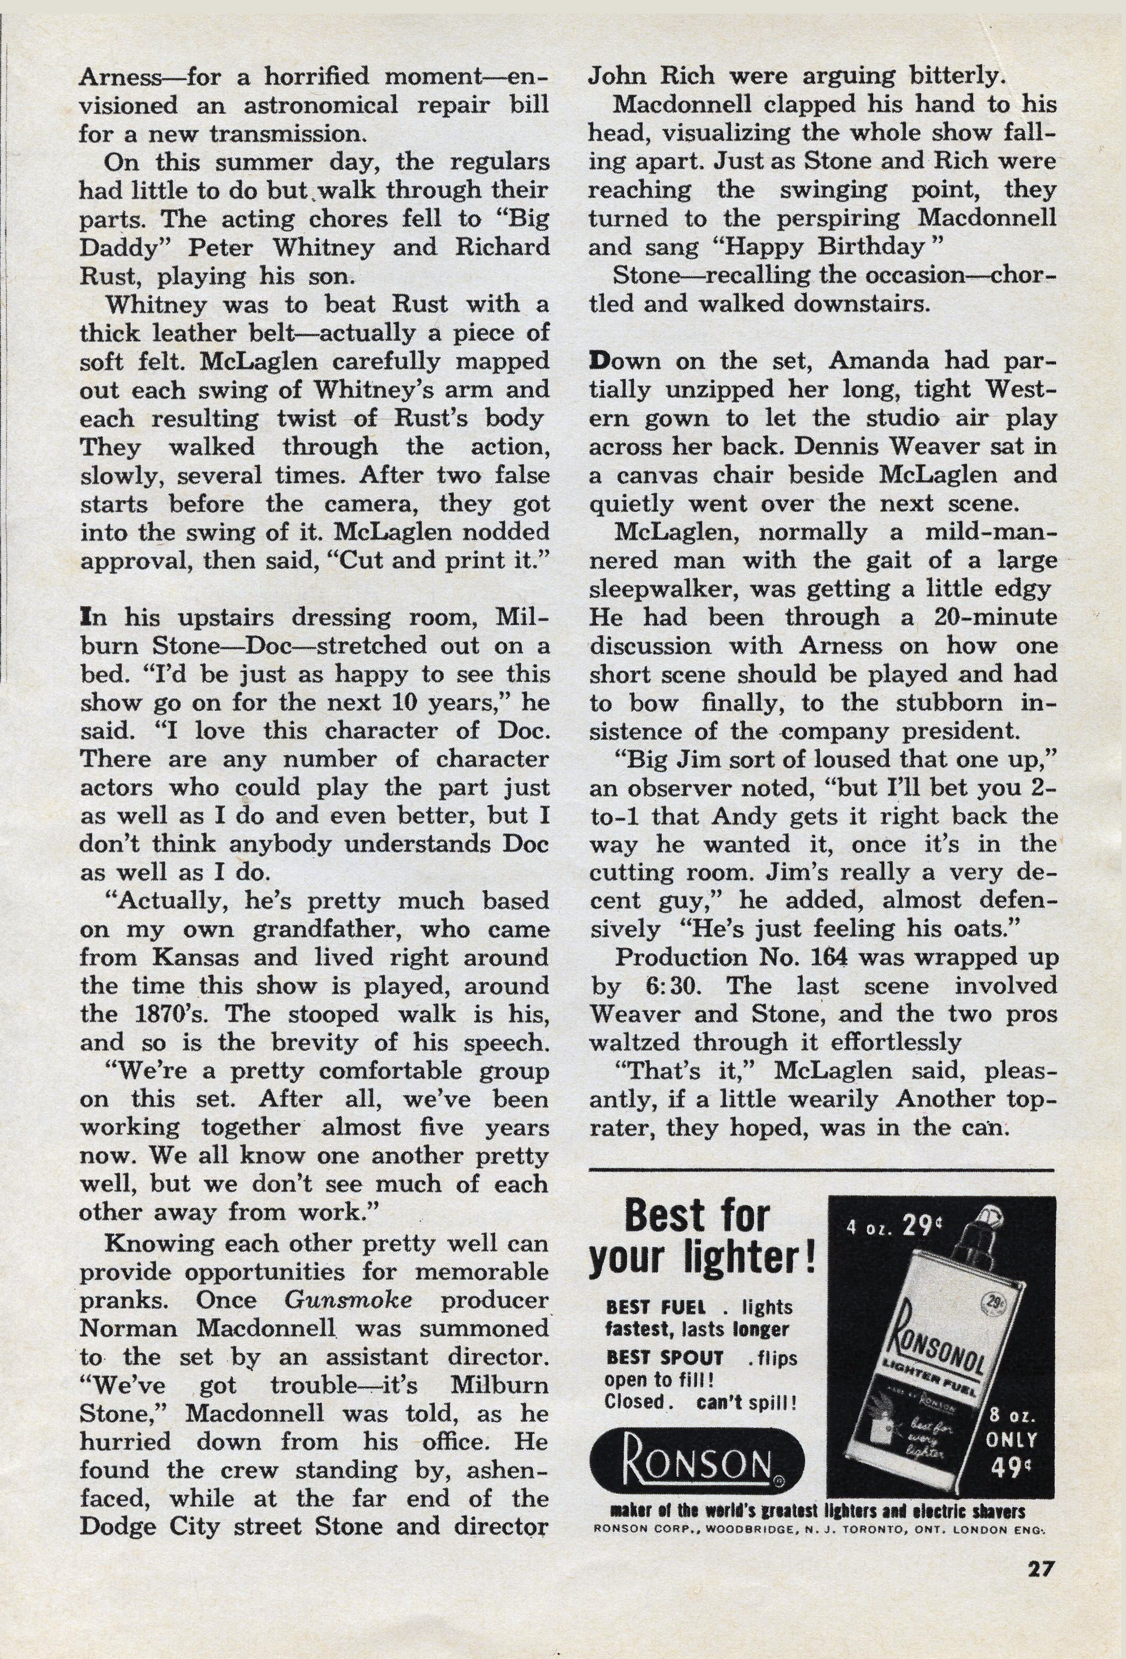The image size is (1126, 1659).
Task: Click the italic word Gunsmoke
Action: click(x=348, y=1300)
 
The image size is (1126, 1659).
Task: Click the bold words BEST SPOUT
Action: click(x=664, y=1357)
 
